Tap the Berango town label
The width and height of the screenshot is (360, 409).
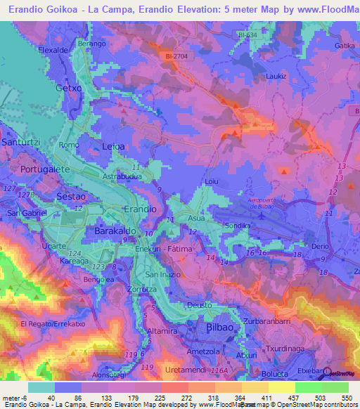[x=91, y=43]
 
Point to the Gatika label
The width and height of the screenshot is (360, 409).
[x=345, y=45]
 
